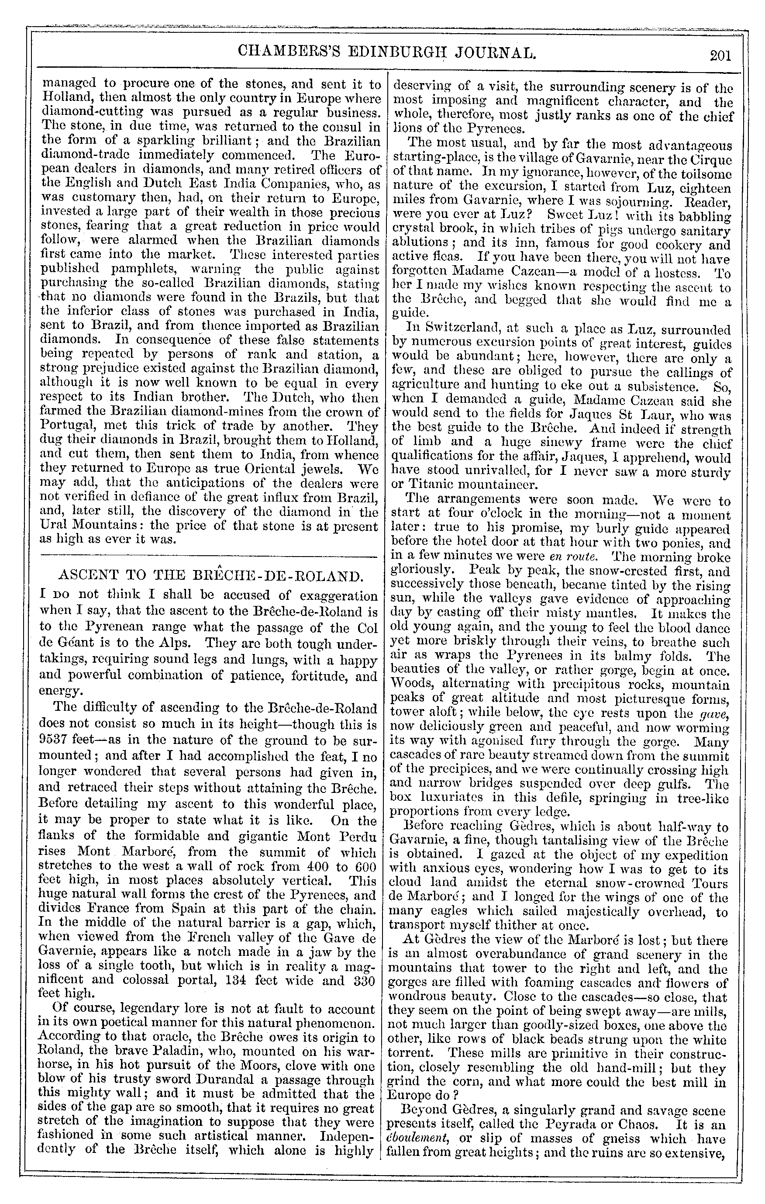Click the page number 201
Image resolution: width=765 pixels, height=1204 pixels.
[720, 55]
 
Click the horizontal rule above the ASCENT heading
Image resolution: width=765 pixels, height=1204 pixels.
[208, 556]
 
